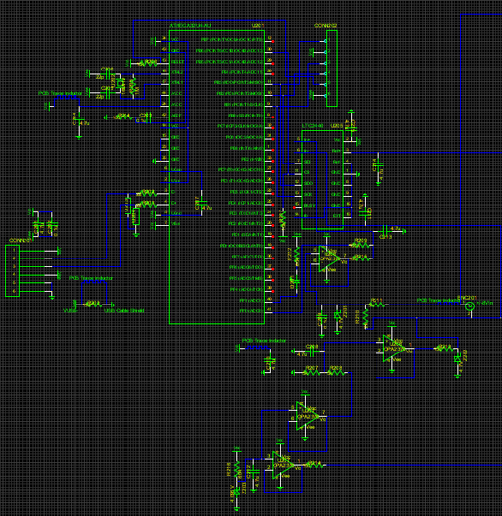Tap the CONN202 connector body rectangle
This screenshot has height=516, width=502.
click(331, 68)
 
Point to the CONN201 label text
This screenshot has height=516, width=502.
click(20, 240)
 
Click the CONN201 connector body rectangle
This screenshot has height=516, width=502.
click(13, 270)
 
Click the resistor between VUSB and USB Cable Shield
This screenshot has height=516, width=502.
click(93, 305)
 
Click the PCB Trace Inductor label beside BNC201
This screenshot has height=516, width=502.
click(438, 300)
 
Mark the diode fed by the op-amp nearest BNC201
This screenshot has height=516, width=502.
click(457, 358)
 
